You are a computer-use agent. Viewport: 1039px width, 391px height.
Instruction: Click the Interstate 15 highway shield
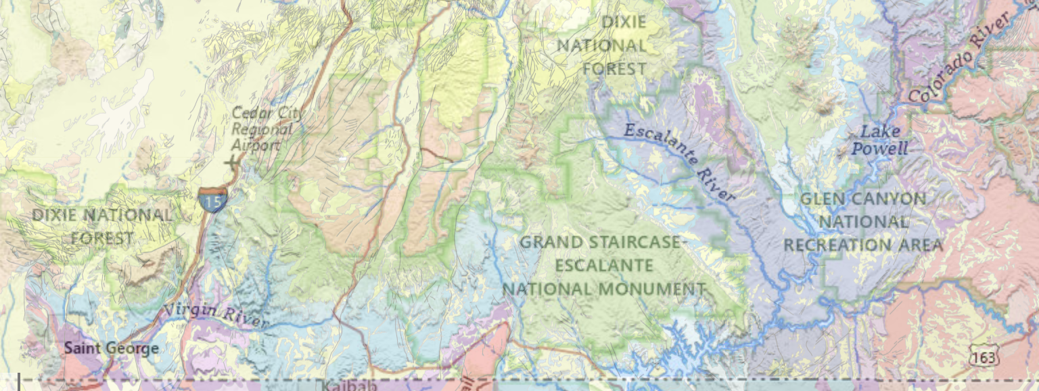coord(212,200)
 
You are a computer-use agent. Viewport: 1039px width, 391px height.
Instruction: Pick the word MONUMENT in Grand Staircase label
coord(651,290)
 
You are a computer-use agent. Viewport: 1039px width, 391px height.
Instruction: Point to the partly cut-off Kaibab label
coord(348,386)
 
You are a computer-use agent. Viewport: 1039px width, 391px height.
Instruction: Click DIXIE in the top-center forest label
coord(624,22)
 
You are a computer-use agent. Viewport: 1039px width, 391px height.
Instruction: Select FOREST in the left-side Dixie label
coord(101,238)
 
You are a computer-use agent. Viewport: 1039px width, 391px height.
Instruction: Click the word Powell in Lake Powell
coord(879,149)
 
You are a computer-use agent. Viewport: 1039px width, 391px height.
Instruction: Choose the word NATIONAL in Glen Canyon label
coord(864,222)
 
